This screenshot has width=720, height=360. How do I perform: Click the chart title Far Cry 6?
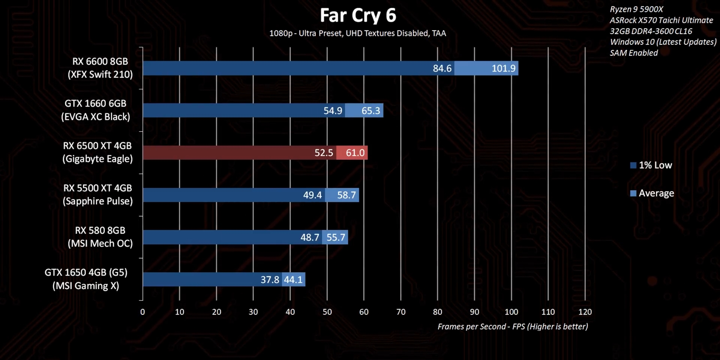tap(358, 16)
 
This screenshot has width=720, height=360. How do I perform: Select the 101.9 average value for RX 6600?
tap(503, 68)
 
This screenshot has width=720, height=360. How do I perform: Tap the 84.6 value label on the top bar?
tap(442, 68)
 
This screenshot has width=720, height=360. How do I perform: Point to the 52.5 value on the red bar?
tap(324, 153)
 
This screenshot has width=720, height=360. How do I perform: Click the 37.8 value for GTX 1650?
tap(270, 279)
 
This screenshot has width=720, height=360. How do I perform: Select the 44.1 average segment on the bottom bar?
tap(293, 279)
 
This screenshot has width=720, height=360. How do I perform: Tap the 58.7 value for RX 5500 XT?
tap(346, 195)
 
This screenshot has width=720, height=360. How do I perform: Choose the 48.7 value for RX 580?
tap(310, 237)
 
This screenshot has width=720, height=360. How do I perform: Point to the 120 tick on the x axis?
tap(585, 312)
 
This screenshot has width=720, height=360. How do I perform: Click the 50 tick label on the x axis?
tap(327, 312)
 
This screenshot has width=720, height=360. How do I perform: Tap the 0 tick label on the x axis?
tap(142, 312)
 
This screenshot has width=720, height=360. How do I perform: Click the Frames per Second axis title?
tap(513, 327)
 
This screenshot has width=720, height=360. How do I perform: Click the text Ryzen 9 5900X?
tap(636, 9)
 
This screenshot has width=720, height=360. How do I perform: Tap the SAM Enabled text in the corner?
tap(634, 53)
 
